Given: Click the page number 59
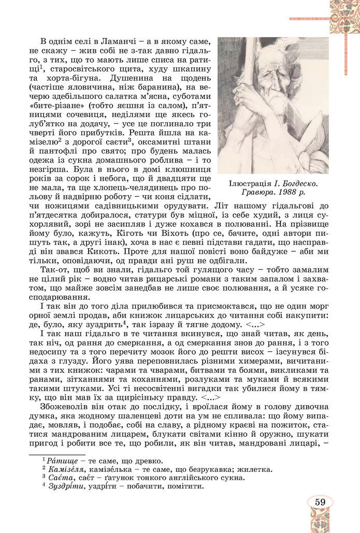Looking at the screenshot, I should pos(320,502).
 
